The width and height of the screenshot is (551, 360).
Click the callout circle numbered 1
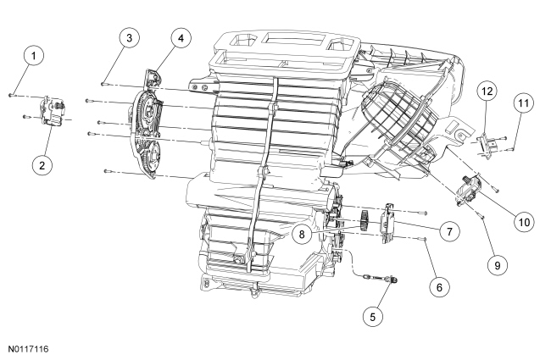(x=34, y=56)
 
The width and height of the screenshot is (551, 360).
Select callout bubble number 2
(x=42, y=165)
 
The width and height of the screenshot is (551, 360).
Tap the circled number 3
(x=130, y=37)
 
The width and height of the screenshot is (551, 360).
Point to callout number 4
(x=181, y=37)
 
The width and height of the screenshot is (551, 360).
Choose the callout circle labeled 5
(x=372, y=317)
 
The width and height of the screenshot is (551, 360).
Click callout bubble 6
(x=439, y=287)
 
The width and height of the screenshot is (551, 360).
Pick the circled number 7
(x=448, y=231)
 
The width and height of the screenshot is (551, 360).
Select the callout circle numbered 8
(x=302, y=234)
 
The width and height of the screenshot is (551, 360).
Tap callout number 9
(x=498, y=265)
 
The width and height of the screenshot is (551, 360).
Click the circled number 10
(x=524, y=222)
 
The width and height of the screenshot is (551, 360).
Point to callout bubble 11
(x=523, y=103)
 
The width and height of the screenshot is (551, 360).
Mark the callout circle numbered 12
(x=487, y=91)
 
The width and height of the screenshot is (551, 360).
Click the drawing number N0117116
(x=29, y=349)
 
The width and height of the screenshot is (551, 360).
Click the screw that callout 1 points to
(x=12, y=95)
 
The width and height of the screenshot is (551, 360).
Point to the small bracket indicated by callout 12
(x=488, y=145)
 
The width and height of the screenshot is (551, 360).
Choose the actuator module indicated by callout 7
(x=387, y=223)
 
